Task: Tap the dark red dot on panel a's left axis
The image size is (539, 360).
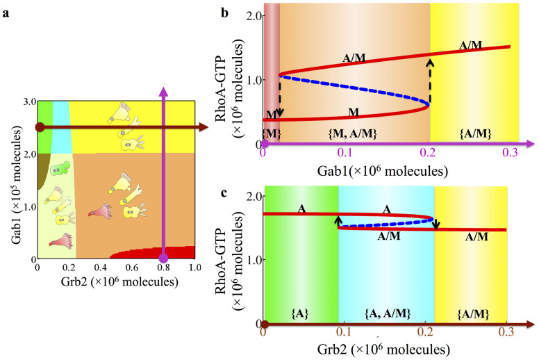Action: point(40,127)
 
